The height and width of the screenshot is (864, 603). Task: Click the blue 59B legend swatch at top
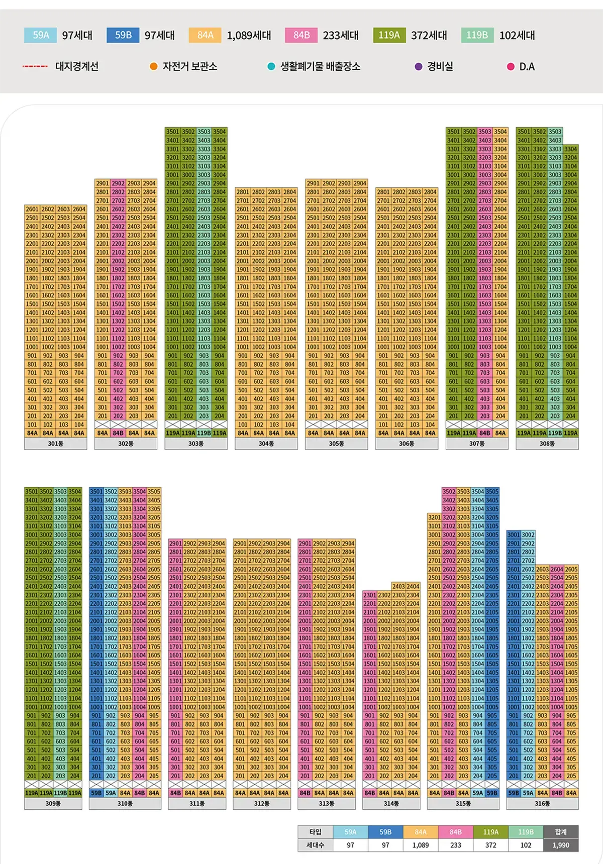click(x=123, y=35)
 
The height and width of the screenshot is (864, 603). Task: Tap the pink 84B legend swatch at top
click(x=301, y=35)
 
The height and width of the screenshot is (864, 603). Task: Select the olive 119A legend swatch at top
click(x=389, y=35)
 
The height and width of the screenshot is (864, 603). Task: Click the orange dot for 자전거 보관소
click(x=154, y=66)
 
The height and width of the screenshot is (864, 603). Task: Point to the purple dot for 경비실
click(x=418, y=66)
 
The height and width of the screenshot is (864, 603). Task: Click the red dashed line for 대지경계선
click(x=35, y=66)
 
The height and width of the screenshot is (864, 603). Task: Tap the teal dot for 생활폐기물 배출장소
click(x=271, y=66)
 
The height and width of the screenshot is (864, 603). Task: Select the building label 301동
click(x=55, y=444)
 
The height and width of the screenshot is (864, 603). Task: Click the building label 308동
click(x=547, y=444)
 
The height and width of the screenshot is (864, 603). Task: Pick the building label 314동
click(x=391, y=803)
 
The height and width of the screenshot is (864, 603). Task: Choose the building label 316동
click(x=542, y=803)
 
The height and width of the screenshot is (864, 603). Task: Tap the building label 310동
click(x=125, y=803)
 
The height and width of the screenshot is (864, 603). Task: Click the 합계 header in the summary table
click(x=561, y=832)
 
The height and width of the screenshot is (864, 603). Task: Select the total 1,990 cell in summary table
click(x=561, y=845)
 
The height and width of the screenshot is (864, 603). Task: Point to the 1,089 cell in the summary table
click(x=421, y=845)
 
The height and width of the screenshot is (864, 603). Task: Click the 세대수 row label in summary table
click(x=315, y=845)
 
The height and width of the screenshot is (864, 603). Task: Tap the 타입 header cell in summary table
click(x=315, y=832)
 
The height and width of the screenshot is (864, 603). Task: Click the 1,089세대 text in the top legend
click(x=249, y=35)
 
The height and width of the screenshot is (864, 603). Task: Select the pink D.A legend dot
click(x=511, y=66)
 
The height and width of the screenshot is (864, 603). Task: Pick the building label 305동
click(x=336, y=444)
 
